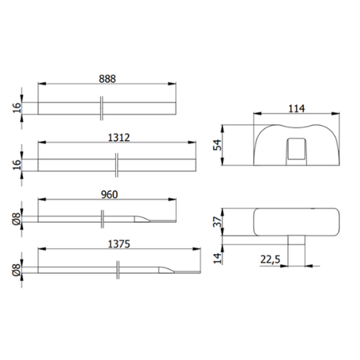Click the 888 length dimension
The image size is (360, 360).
pyautogui.click(x=107, y=79)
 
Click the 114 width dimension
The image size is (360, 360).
pyautogui.click(x=296, y=109)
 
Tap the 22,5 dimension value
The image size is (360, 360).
pyautogui.click(x=271, y=259)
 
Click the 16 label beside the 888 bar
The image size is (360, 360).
pyautogui.click(x=17, y=108)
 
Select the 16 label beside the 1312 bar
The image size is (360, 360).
pyautogui.click(x=17, y=164)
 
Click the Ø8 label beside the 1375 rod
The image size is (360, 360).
pyautogui.click(x=17, y=269)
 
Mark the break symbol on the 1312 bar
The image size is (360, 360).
pyautogui.click(x=117, y=164)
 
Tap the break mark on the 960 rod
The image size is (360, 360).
pyautogui.click(x=103, y=220)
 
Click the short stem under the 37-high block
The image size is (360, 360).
pyautogui.click(x=296, y=248)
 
